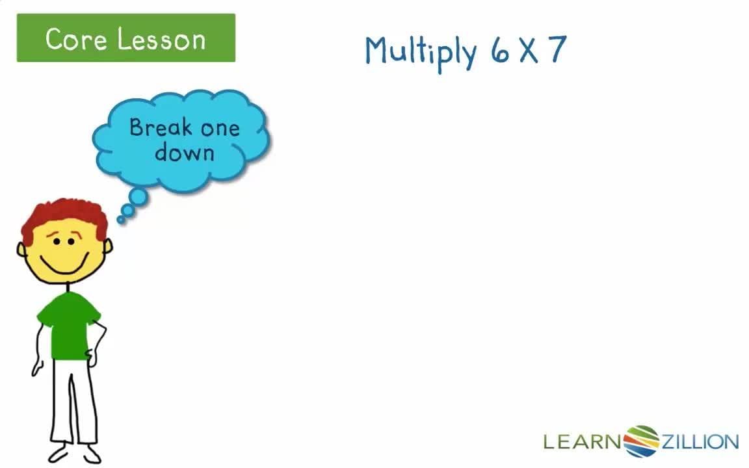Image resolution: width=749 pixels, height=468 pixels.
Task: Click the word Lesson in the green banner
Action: point(162,39)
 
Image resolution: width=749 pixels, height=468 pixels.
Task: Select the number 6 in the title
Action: point(500,51)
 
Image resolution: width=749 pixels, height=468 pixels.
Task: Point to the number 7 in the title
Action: point(557,50)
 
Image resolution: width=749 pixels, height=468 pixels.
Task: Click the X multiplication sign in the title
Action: point(528,51)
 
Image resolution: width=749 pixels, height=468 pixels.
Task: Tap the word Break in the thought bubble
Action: point(161,127)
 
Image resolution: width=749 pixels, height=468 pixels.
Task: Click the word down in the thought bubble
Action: point(185,153)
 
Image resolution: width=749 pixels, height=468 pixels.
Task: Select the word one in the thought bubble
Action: point(220,128)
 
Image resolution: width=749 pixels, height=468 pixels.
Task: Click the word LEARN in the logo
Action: point(583,443)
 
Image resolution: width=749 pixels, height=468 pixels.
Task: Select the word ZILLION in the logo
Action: point(700,443)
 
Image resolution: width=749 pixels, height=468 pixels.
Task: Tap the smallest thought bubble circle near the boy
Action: point(120,220)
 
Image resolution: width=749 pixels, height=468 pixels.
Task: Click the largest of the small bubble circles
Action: point(138,196)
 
